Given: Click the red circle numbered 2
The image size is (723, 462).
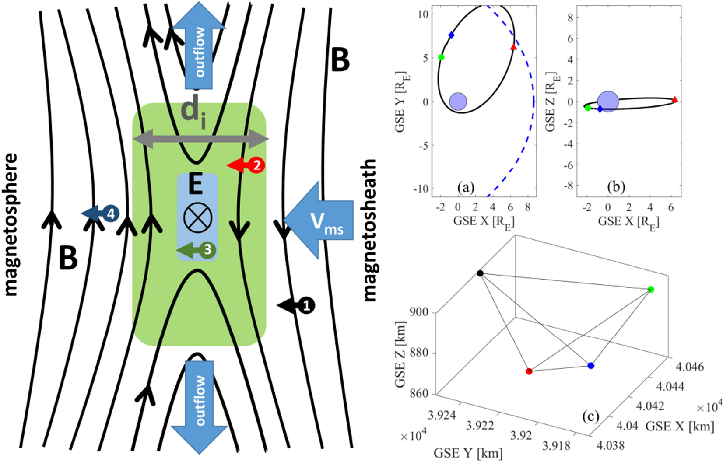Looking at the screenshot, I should [257, 165].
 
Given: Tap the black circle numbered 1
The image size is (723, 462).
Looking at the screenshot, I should [306, 305].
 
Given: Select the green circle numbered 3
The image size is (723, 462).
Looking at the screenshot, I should [207, 250].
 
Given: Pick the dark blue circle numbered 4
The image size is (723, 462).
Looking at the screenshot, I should [111, 214].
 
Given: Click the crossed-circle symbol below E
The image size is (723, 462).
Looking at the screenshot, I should [197, 217].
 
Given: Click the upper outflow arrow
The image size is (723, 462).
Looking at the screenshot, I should [199, 48].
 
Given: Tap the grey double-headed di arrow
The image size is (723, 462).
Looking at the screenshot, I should [200, 139].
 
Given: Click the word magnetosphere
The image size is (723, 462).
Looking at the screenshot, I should [11, 224].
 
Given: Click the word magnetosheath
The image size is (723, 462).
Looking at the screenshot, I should [370, 230].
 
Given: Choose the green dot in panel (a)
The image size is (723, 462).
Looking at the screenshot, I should [441, 57].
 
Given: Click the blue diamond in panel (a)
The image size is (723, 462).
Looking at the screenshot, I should [451, 35].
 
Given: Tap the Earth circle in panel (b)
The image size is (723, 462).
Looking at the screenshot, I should [608, 101].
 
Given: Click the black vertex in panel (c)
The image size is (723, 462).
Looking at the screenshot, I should [480, 273].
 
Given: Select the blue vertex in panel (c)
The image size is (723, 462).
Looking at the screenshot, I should [591, 365].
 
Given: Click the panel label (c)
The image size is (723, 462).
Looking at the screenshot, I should [590, 416].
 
